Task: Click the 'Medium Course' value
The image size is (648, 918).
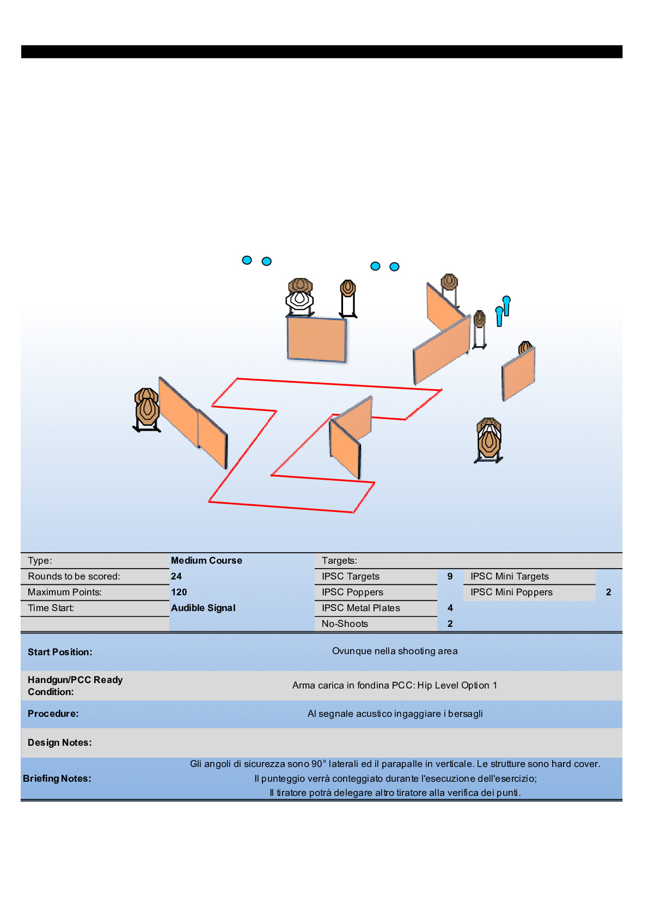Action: click(x=206, y=560)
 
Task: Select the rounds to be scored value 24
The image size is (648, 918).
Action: click(x=176, y=576)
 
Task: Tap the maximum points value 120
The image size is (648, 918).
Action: click(x=179, y=592)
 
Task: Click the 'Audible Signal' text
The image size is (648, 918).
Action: click(x=203, y=608)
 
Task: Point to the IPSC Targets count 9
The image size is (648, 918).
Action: click(x=450, y=576)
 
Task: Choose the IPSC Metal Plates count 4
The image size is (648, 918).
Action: click(x=450, y=608)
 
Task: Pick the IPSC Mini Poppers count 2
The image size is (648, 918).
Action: click(x=608, y=592)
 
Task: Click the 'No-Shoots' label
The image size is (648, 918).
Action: click(x=345, y=624)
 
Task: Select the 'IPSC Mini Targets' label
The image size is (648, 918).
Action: click(x=510, y=576)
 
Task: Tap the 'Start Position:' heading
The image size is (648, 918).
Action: click(x=60, y=652)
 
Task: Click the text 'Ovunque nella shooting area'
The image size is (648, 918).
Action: click(x=395, y=651)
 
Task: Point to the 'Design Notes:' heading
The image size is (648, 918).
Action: click(x=60, y=742)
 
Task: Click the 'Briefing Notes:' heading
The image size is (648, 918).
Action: click(x=57, y=778)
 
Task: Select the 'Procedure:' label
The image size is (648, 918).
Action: click(x=53, y=714)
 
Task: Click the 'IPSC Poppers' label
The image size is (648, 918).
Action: click(x=352, y=592)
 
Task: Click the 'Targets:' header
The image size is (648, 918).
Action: click(x=339, y=560)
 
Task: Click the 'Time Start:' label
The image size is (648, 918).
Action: click(x=51, y=608)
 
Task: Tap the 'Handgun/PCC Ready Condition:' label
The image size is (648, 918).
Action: click(x=75, y=686)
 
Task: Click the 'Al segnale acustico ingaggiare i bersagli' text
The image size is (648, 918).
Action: click(x=395, y=714)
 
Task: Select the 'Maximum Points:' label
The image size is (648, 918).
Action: click(x=65, y=592)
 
